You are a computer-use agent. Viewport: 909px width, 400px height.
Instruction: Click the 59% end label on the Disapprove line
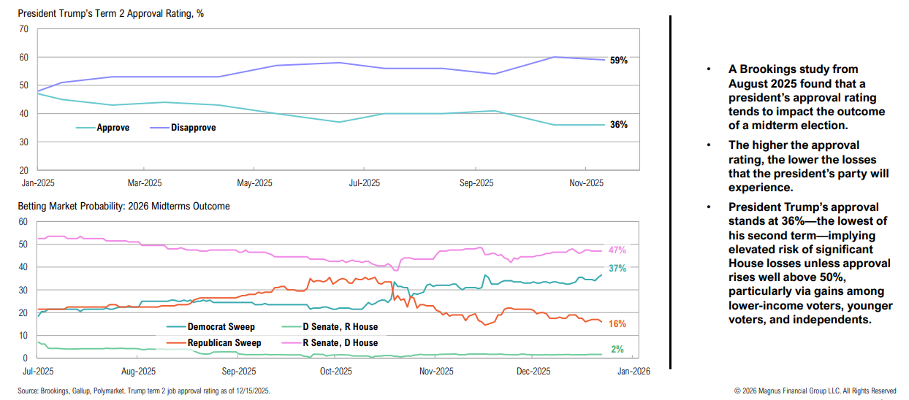coord(618,61)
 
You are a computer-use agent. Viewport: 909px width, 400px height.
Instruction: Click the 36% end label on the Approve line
coord(618,125)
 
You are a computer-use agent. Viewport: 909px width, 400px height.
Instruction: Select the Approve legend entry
coord(113,128)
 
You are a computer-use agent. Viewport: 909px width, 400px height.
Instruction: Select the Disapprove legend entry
coord(193,128)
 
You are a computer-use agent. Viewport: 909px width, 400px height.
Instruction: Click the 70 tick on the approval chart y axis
coord(23,29)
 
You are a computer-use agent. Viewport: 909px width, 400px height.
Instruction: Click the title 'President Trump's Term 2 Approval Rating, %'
coord(111,14)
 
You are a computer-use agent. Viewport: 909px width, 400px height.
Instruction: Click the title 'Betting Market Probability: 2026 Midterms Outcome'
coord(123,207)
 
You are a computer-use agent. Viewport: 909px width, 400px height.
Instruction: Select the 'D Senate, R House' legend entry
coord(341,327)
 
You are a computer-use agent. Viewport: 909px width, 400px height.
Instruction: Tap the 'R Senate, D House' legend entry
coord(341,342)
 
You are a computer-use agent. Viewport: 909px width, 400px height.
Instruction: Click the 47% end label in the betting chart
coord(617,250)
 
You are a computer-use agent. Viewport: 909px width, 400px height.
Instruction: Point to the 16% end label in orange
coord(617,324)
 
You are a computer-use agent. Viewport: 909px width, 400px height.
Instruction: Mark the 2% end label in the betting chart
coord(617,350)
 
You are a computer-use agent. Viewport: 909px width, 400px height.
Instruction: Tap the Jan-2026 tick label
coord(633,370)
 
